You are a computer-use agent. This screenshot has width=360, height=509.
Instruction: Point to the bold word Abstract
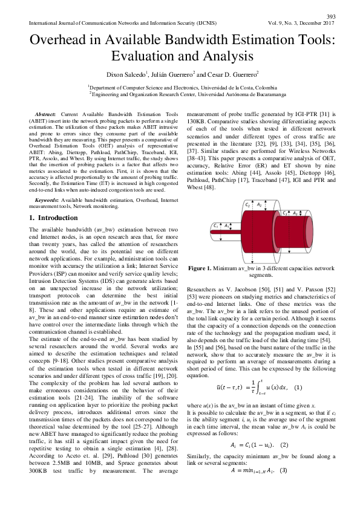(45, 114)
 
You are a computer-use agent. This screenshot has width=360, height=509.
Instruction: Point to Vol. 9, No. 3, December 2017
(301, 23)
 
